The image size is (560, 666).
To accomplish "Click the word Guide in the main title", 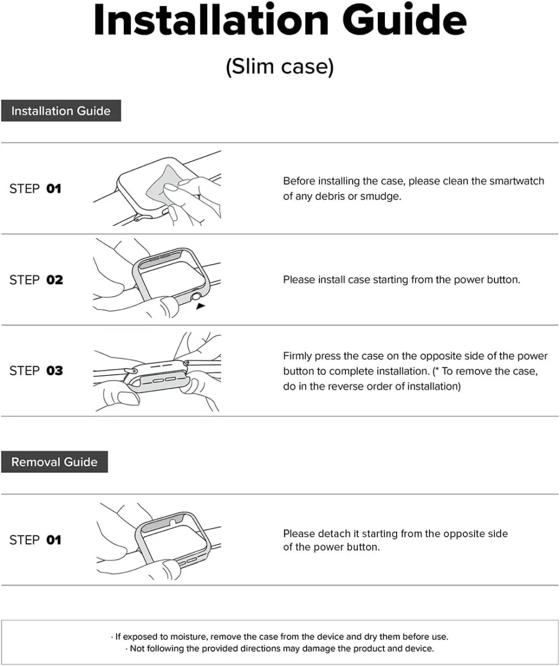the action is [x=404, y=20].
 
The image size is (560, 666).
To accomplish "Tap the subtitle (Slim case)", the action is [x=279, y=67].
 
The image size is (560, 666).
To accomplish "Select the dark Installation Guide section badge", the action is [x=61, y=110].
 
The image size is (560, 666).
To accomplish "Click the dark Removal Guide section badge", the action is [x=54, y=462].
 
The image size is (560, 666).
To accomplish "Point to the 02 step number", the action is [x=54, y=280].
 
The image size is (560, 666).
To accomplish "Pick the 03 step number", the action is [x=54, y=371].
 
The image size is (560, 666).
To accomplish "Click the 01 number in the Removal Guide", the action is [x=54, y=540].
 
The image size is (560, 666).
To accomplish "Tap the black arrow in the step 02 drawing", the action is [x=201, y=306].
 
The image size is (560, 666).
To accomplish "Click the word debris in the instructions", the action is [x=330, y=196].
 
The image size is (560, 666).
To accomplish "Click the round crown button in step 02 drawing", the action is [x=196, y=297].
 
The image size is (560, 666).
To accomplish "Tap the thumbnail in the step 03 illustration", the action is [x=129, y=398].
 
